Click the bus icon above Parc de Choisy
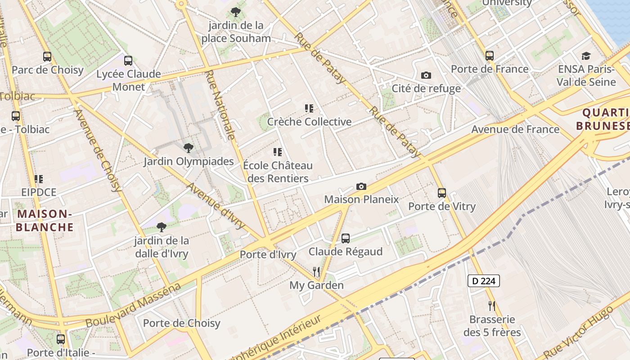[x=47, y=57]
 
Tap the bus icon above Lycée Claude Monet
[x=128, y=60]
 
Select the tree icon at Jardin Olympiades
[x=189, y=148]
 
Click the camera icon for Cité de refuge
[x=426, y=75]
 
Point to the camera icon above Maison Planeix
[x=361, y=186]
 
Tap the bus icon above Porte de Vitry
[x=442, y=193]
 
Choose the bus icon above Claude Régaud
[x=346, y=238]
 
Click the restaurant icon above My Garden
[x=316, y=272]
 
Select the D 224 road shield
[x=484, y=281]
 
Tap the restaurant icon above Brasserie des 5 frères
[x=492, y=306]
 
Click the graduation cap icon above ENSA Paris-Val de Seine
[x=586, y=56]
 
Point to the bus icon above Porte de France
[x=490, y=56]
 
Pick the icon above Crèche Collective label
[x=309, y=108]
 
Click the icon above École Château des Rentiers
[x=278, y=152]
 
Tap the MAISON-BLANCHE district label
[x=45, y=220]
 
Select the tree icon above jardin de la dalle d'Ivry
[x=161, y=227]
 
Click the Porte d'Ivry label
[x=268, y=255]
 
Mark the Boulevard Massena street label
[x=133, y=306]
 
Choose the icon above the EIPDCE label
[x=39, y=179]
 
